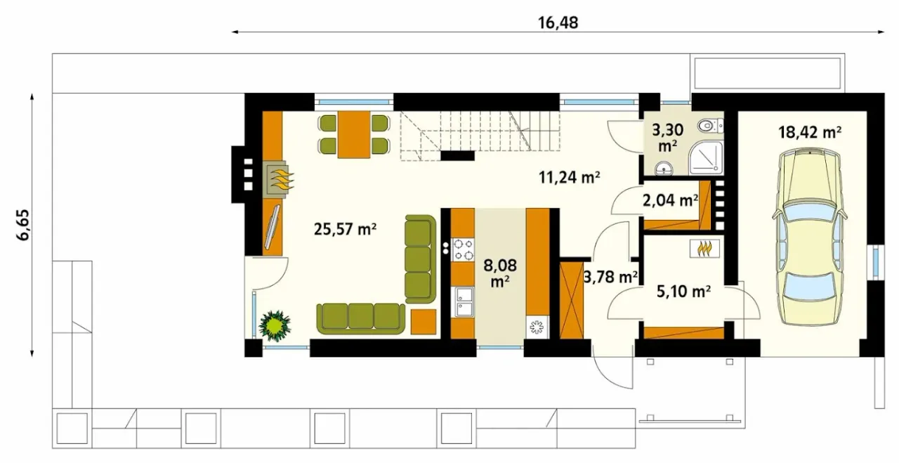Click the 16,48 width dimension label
click(x=558, y=23)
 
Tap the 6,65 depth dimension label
click(x=23, y=225)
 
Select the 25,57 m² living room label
click(x=345, y=229)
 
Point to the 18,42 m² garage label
click(x=810, y=131)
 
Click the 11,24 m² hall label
click(x=569, y=176)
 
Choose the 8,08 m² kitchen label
click(x=499, y=273)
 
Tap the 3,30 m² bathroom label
click(x=667, y=137)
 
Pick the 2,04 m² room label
click(x=670, y=200)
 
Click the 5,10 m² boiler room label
click(x=684, y=291)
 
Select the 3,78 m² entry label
click(x=610, y=277)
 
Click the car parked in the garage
click(x=810, y=237)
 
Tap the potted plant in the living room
click(x=275, y=324)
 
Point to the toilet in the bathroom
click(x=710, y=126)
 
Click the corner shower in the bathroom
click(x=707, y=157)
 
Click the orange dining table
click(x=353, y=134)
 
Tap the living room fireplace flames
click(x=282, y=179)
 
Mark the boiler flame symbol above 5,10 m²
click(x=704, y=249)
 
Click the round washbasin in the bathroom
click(x=664, y=169)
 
